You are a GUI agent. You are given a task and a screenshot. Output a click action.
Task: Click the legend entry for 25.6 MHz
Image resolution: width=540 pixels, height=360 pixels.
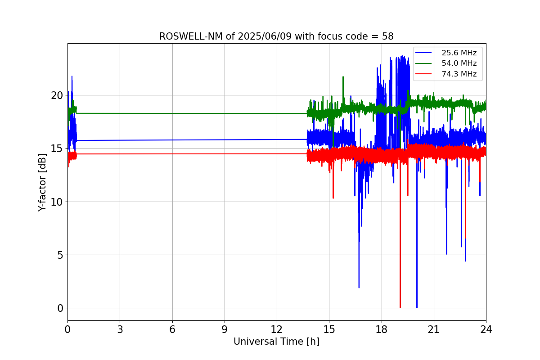click(x=459, y=53)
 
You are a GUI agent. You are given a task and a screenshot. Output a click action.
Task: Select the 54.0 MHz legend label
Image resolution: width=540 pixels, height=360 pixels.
click(x=459, y=63)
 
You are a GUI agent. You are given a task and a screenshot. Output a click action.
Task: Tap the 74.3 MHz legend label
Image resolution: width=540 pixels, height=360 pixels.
click(x=459, y=74)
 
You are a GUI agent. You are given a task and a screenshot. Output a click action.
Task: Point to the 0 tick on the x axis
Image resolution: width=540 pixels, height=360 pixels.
click(x=67, y=329)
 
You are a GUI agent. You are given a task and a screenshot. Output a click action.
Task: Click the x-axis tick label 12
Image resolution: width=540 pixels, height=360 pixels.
click(x=277, y=329)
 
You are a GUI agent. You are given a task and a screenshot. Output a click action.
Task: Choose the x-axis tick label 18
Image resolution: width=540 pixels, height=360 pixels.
click(x=382, y=329)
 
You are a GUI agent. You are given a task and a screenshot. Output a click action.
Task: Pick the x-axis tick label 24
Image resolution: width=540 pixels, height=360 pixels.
click(x=486, y=329)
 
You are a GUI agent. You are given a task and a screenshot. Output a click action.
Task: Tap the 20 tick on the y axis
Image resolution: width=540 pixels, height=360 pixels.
click(x=56, y=95)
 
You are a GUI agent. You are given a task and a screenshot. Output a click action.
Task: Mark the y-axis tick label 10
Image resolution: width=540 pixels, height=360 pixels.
click(x=56, y=202)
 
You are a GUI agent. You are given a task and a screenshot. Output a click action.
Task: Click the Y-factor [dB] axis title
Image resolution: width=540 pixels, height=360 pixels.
click(x=42, y=182)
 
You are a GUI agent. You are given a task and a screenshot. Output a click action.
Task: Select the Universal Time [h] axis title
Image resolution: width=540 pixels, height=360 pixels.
click(x=276, y=342)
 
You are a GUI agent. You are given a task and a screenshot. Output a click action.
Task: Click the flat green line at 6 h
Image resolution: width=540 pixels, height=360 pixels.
click(x=172, y=113)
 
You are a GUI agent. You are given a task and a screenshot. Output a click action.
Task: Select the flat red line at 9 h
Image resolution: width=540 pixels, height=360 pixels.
click(x=225, y=154)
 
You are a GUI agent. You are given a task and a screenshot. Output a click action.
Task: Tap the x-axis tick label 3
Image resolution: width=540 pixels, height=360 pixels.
click(x=120, y=329)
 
